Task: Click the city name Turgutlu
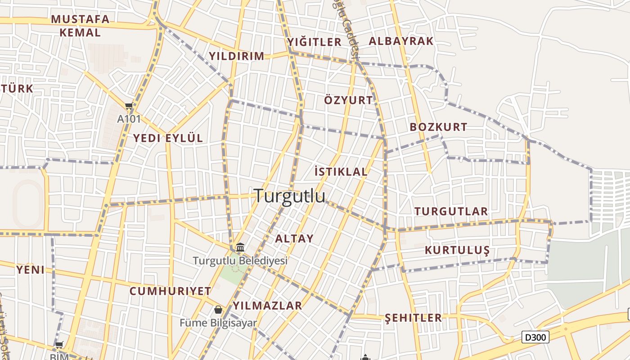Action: (x=289, y=196)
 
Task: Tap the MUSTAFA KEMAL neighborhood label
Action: (x=80, y=26)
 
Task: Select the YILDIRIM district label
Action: (x=236, y=56)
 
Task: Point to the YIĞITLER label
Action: (x=315, y=42)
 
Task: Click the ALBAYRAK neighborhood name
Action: (x=401, y=41)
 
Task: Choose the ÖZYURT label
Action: (x=348, y=100)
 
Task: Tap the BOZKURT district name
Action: (x=438, y=127)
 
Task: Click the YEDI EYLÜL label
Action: (x=168, y=138)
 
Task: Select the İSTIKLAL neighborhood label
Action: (x=341, y=171)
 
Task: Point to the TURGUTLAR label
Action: (x=451, y=211)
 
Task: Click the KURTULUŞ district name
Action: (x=457, y=250)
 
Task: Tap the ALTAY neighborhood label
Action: (x=294, y=239)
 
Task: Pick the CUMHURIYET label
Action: (x=170, y=291)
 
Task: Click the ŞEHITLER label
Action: (x=413, y=318)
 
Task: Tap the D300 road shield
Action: (x=535, y=337)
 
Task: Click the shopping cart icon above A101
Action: (x=129, y=107)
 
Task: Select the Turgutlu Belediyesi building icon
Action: (x=240, y=247)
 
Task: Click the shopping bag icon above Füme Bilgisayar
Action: (x=218, y=310)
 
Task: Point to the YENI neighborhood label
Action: (x=31, y=270)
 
